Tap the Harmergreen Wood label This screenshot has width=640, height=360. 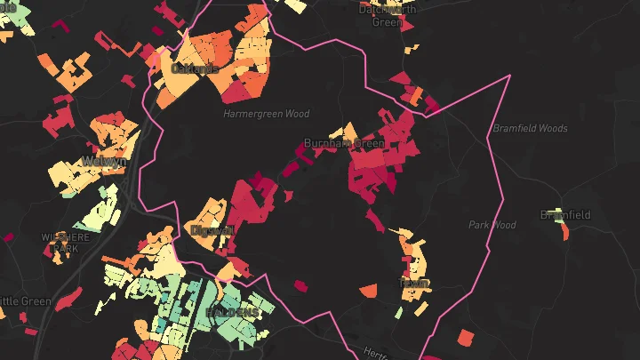tap(266, 115)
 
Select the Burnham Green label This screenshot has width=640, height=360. tap(344, 143)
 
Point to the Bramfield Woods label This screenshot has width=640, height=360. tap(530, 129)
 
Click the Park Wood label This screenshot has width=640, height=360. tap(492, 225)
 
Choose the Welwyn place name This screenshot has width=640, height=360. tap(105, 162)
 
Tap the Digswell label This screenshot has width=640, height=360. tap(212, 230)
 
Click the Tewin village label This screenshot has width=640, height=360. tap(415, 284)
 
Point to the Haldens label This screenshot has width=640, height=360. tap(233, 313)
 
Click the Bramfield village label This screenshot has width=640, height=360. tap(565, 215)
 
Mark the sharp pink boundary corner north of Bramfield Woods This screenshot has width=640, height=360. tap(510, 76)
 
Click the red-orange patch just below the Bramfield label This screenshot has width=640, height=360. tap(563, 233)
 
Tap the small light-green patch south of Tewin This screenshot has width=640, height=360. tap(399, 312)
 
